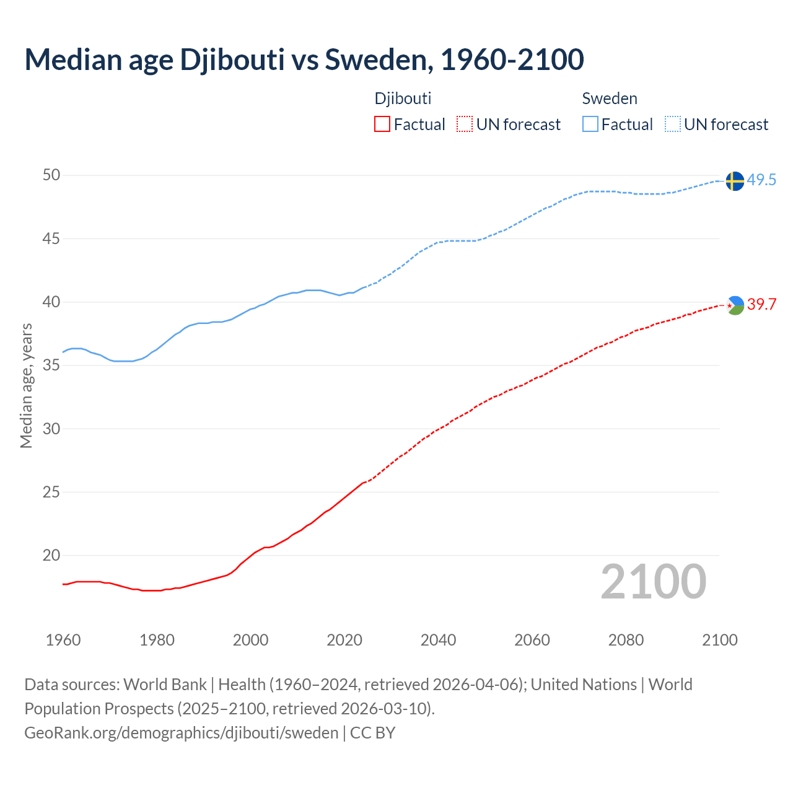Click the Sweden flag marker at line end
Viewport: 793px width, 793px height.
735,181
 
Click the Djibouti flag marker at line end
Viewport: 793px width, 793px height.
735,305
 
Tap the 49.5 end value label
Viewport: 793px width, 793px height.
761,180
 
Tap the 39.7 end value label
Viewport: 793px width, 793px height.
761,305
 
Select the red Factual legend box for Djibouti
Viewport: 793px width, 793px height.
382,125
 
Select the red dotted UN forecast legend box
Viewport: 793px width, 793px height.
465,125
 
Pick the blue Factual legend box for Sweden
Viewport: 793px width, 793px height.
590,125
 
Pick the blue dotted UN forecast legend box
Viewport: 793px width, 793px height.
672,125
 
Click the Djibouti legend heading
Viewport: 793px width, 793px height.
403,99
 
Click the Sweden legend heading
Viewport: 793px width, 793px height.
610,99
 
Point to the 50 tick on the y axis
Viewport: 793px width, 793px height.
51,175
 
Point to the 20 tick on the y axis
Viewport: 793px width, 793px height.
51,556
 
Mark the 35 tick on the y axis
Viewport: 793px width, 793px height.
51,366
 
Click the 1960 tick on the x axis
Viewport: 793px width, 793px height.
63,640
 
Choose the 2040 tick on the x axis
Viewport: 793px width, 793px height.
438,640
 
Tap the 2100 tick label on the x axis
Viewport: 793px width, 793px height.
720,640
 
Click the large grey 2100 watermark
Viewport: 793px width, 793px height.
654,582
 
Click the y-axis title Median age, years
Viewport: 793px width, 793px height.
26,385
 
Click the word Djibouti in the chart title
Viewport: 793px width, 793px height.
232,59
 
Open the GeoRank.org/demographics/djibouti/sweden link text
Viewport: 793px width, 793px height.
182,733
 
